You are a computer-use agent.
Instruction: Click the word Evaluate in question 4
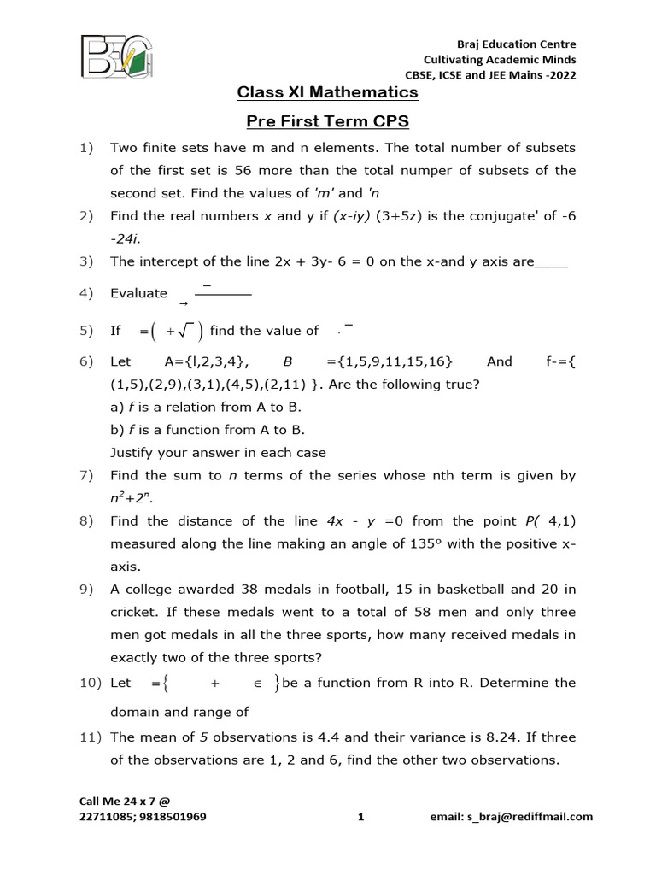point(138,293)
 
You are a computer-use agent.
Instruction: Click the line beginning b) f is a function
point(208,430)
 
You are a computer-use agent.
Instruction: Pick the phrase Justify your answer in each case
point(218,452)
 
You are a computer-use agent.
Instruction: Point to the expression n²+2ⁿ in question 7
point(134,497)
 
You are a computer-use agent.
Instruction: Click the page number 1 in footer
point(360,816)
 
